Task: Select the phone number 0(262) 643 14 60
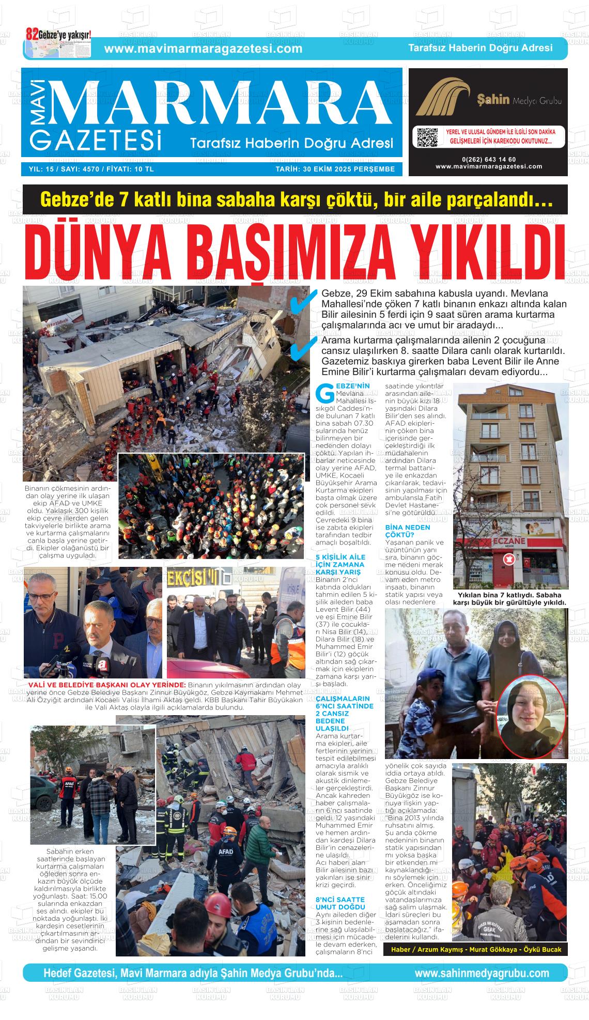pos(489,159)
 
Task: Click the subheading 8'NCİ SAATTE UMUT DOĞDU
pos(340,903)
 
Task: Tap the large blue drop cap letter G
pos(324,393)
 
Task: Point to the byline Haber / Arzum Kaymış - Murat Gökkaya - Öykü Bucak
pos(476,949)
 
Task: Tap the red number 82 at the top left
pos(32,35)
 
